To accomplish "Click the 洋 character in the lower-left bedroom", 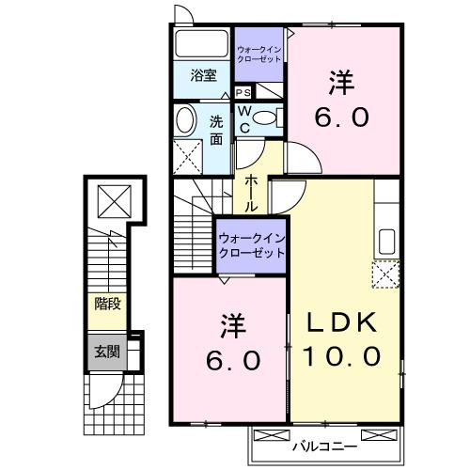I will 233,327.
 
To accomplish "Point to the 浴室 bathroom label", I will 204,75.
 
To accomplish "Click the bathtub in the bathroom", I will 201,45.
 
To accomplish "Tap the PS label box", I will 243,92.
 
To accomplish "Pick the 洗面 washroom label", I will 215,129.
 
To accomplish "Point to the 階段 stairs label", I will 106,303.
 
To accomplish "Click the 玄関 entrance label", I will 106,352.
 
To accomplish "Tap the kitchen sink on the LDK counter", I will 386,241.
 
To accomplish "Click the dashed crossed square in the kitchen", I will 384,274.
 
